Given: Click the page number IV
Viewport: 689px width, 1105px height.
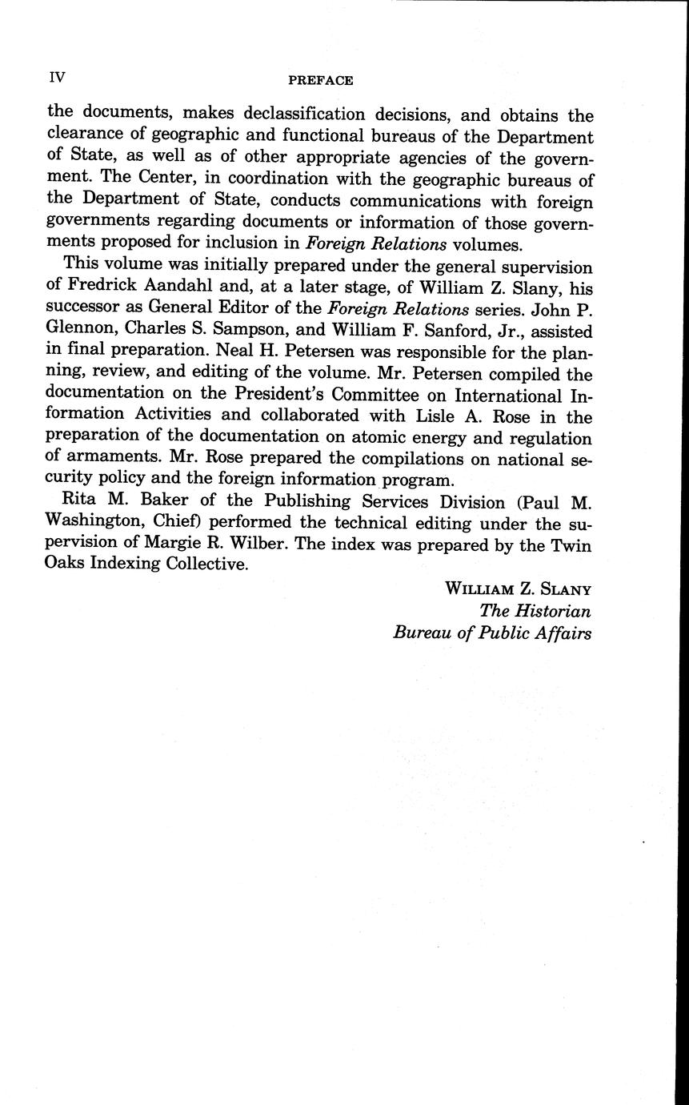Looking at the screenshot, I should coord(57,77).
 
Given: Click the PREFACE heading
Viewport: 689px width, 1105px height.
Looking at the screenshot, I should coord(320,80).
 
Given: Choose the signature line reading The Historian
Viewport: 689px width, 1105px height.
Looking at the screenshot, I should coord(535,611).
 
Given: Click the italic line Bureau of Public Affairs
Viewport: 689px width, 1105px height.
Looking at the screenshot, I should coord(492,633).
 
